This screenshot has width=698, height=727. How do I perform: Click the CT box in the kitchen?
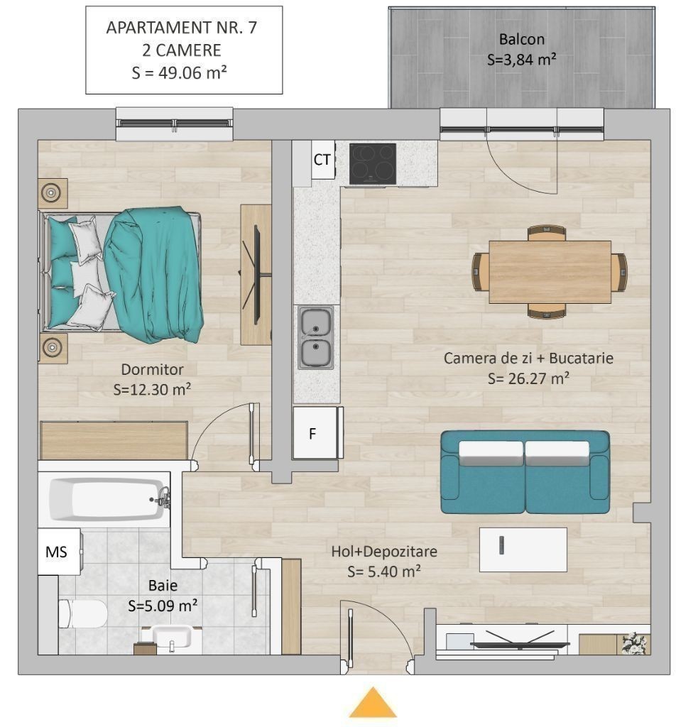coord(323,160)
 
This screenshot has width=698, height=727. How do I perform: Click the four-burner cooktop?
coord(372,164)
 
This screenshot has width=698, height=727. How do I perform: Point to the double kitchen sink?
coord(315,337)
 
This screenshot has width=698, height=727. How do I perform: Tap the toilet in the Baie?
coord(82,613)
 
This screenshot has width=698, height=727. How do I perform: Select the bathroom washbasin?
coord(172,638)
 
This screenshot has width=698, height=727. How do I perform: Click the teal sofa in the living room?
coord(525,472)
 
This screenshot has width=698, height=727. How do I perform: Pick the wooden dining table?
coord(550,272)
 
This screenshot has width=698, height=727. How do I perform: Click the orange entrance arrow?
coord(373,702)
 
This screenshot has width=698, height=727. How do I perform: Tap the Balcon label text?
coord(522,40)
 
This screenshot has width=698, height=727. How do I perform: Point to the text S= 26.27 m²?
coord(529,379)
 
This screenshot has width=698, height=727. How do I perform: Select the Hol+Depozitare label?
coord(384,551)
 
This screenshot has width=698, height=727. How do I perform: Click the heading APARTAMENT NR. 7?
coord(182,28)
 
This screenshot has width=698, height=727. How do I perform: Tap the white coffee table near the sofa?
coord(523,550)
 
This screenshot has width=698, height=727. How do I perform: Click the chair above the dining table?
coord(547,233)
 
